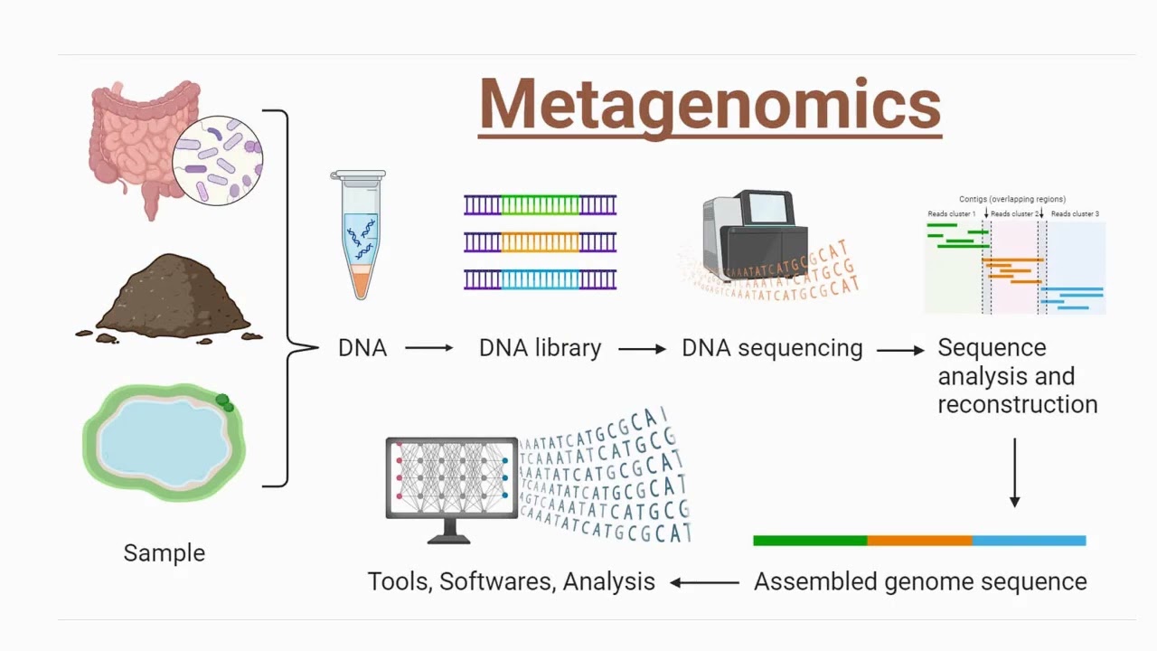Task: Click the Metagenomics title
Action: (710, 105)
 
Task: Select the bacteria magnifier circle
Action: (217, 160)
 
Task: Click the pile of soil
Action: (172, 298)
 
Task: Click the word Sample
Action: (164, 552)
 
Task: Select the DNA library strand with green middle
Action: (540, 205)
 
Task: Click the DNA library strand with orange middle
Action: (540, 242)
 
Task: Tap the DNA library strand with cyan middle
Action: (540, 278)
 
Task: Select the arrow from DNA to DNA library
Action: (428, 348)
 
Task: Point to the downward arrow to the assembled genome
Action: (1014, 473)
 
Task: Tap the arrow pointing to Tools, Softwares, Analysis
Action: (704, 582)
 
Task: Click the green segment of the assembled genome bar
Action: (809, 541)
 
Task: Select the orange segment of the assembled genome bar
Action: (919, 541)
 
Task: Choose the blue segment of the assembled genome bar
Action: (1029, 541)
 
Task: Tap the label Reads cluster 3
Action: (1075, 214)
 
